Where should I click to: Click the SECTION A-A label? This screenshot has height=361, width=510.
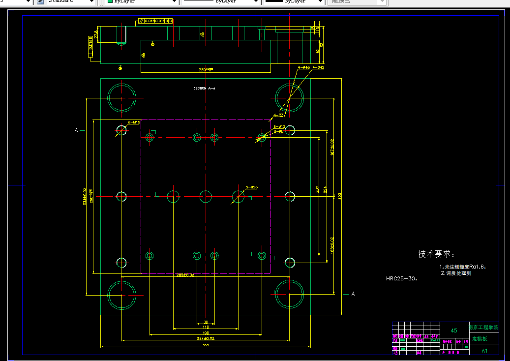[205, 88]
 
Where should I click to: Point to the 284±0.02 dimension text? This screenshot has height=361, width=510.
[206, 338]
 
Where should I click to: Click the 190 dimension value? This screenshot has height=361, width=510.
[206, 333]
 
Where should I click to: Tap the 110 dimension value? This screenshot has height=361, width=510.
[206, 327]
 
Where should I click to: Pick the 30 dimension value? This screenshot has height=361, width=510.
[206, 322]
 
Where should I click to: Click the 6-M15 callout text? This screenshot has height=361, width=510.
[134, 122]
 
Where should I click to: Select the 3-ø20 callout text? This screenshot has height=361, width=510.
[251, 187]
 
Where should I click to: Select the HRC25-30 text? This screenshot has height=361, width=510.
[401, 278]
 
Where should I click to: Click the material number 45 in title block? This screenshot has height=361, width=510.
[454, 331]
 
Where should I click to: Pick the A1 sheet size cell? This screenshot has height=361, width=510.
[484, 351]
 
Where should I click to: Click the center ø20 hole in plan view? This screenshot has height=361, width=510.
[206, 197]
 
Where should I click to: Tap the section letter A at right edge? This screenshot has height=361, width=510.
[353, 294]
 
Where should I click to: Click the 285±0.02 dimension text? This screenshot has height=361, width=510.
[185, 275]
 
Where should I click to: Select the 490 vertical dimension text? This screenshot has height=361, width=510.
[339, 196]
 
